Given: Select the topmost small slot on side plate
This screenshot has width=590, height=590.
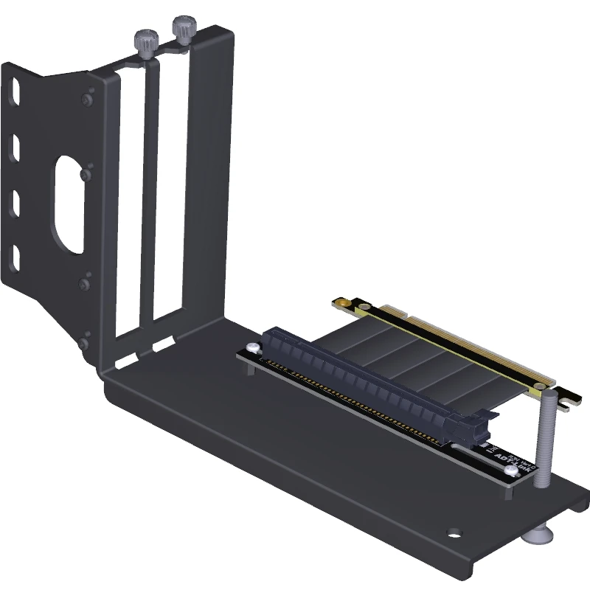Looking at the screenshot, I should click(15, 96).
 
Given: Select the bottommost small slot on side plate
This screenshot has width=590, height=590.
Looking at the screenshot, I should click(15, 256).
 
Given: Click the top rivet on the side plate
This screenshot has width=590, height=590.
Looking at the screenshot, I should click(89, 98).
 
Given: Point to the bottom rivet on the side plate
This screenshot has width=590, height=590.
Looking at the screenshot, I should click(86, 341).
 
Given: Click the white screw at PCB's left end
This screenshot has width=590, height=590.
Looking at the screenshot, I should click(253, 347).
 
